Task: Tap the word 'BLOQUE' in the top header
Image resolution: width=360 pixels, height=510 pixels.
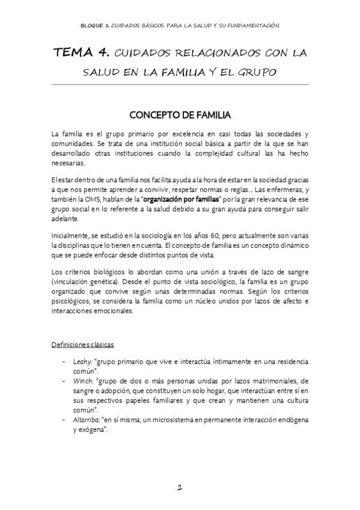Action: [x=93, y=26]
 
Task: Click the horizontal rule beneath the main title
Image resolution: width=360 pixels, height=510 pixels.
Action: [x=180, y=84]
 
